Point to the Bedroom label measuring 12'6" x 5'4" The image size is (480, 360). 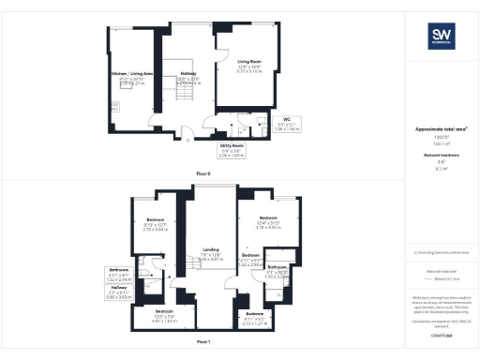[164, 314]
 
